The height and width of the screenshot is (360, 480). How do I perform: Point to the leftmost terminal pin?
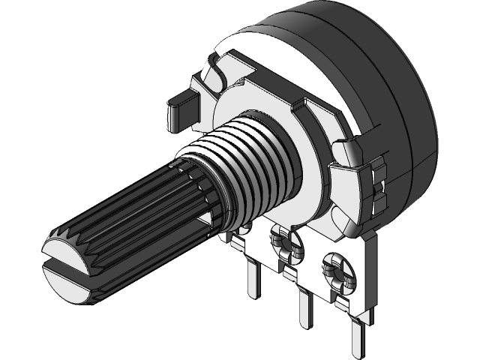click(253, 277)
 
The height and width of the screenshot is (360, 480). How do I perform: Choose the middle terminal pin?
click(304, 307)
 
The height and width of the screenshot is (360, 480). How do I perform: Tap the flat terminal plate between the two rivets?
click(311, 262)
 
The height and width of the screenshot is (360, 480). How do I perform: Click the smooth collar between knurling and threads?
click(201, 187)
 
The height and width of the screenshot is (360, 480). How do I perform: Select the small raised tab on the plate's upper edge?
click(307, 106)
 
